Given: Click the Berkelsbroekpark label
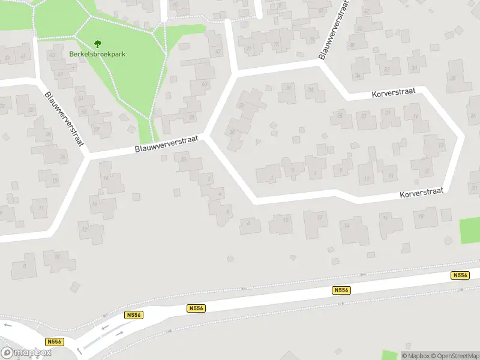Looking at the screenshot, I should [97, 53].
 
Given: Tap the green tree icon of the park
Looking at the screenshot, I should [97, 43].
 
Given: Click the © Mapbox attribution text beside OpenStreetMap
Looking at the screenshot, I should [415, 356].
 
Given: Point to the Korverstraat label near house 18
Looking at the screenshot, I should [421, 192].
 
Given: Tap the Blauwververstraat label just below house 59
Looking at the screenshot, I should [166, 144].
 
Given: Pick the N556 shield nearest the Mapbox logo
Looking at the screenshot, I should [55, 342].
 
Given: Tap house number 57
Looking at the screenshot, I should [96, 129].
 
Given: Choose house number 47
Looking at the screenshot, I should [61, 74].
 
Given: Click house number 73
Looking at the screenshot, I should [276, 45].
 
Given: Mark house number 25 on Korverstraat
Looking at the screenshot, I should [340, 115].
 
